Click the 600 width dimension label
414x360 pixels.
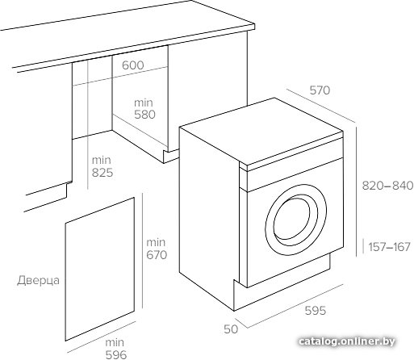click(133, 65)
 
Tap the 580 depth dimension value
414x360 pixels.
click(145, 115)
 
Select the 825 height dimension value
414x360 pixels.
click(102, 173)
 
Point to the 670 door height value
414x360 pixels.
click(157, 255)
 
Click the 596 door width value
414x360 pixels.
click(116, 354)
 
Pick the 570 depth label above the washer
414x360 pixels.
click(320, 90)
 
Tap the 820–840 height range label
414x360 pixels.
click(387, 186)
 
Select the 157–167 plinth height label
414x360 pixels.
click(389, 247)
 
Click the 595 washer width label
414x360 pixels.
click(316, 311)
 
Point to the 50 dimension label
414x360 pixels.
click(231, 329)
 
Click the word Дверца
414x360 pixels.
click(39, 281)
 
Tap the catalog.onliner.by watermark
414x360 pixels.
click(347, 341)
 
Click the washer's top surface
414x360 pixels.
click(261, 131)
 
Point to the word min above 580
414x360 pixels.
click(144, 103)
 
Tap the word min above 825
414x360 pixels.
click(102, 161)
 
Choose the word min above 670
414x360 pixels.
click(156, 243)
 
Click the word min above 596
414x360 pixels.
click(115, 342)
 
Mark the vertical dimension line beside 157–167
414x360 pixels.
click(363, 246)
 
